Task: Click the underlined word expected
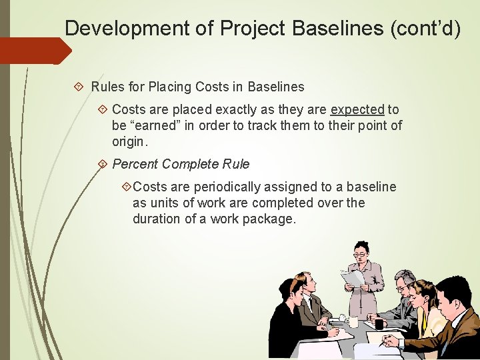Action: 357,109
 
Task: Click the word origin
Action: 130,141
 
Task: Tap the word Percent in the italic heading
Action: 135,164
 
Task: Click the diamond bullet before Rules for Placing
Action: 79,87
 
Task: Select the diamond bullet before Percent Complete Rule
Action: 103,164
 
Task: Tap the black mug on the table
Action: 379,324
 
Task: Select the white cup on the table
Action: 353,322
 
